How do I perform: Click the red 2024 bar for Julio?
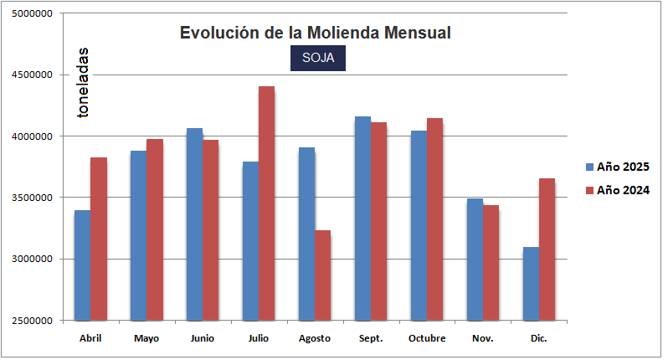click(266, 203)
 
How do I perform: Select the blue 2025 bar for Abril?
click(82, 265)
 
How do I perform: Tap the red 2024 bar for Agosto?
click(322, 275)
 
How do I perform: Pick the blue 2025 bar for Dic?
click(531, 284)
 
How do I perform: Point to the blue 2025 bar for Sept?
click(362, 219)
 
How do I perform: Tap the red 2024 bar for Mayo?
click(155, 229)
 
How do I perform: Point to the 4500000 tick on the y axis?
click(30, 75)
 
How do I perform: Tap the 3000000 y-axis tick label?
click(30, 260)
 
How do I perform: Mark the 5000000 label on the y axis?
click(30, 14)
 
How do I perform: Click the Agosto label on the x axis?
click(314, 338)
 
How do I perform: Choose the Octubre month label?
click(426, 338)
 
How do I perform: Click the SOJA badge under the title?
click(317, 58)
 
